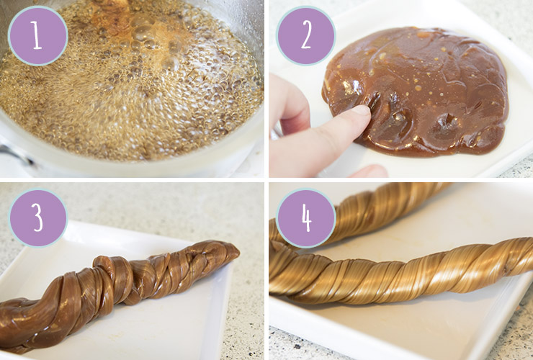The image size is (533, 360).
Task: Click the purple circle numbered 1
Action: coord(37,36)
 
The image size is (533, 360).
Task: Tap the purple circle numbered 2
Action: coord(306,36)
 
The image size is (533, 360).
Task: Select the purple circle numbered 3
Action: coord(37,217)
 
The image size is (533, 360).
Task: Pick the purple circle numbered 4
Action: coord(306,217)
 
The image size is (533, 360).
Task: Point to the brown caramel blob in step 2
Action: coord(416,91)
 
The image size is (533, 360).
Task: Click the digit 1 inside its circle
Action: coord(37,36)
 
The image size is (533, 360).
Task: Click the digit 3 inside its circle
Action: coord(38,217)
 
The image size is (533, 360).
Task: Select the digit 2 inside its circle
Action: coord(306,35)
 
